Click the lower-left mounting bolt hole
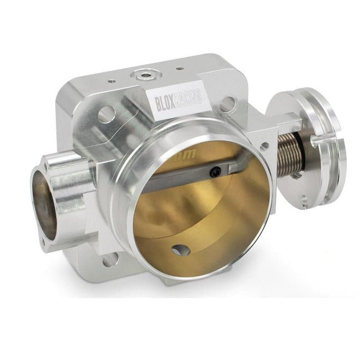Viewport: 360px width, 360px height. [109, 260]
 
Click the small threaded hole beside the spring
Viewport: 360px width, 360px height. [265, 145]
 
